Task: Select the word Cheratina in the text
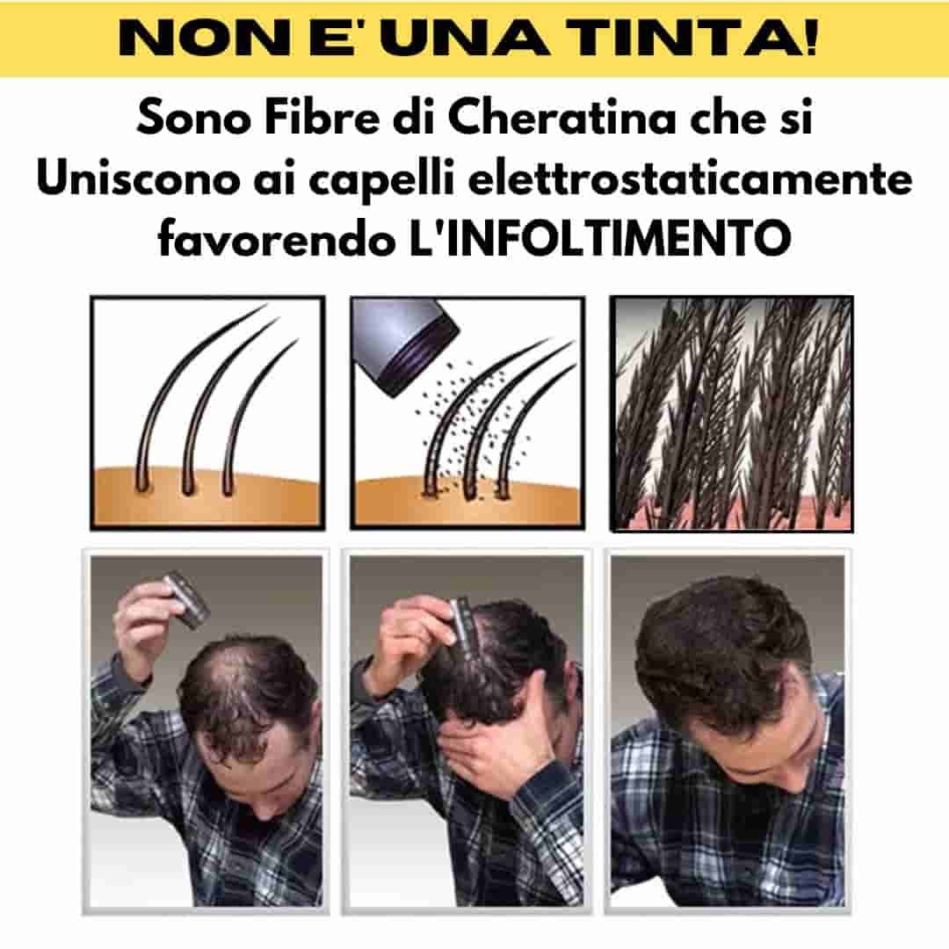561,118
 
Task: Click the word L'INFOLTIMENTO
600,238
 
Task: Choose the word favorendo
276,238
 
